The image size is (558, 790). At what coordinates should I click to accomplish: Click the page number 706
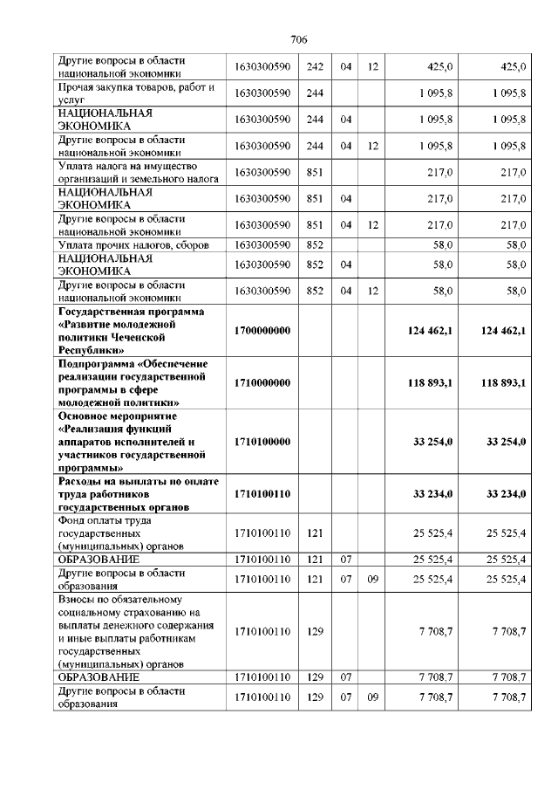click(x=298, y=40)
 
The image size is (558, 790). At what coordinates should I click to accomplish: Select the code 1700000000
click(x=262, y=331)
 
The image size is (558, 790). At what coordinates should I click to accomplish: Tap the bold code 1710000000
click(x=262, y=382)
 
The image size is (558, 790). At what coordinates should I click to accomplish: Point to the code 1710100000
click(x=262, y=442)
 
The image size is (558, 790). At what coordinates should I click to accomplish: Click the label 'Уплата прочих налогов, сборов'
click(x=133, y=246)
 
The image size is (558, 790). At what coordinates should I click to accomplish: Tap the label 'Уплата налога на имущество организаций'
click(x=135, y=172)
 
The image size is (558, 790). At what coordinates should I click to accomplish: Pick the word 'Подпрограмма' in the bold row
click(x=94, y=363)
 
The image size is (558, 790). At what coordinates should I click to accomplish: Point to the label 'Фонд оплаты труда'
click(x=107, y=520)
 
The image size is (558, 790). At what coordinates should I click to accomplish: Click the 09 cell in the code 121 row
click(x=372, y=578)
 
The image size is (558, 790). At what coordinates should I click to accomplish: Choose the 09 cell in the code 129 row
click(x=372, y=697)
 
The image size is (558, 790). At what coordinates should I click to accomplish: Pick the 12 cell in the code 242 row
click(x=372, y=65)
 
